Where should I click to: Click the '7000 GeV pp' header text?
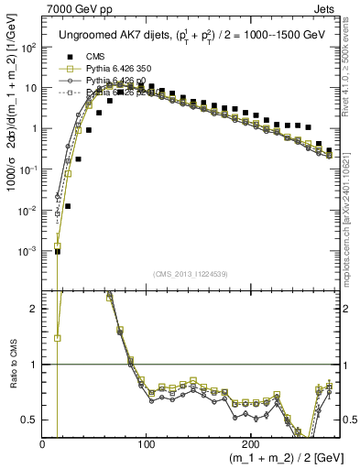(x=74, y=8)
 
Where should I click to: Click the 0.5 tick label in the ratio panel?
(x=30, y=420)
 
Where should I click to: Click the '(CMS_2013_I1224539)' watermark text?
(x=191, y=273)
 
